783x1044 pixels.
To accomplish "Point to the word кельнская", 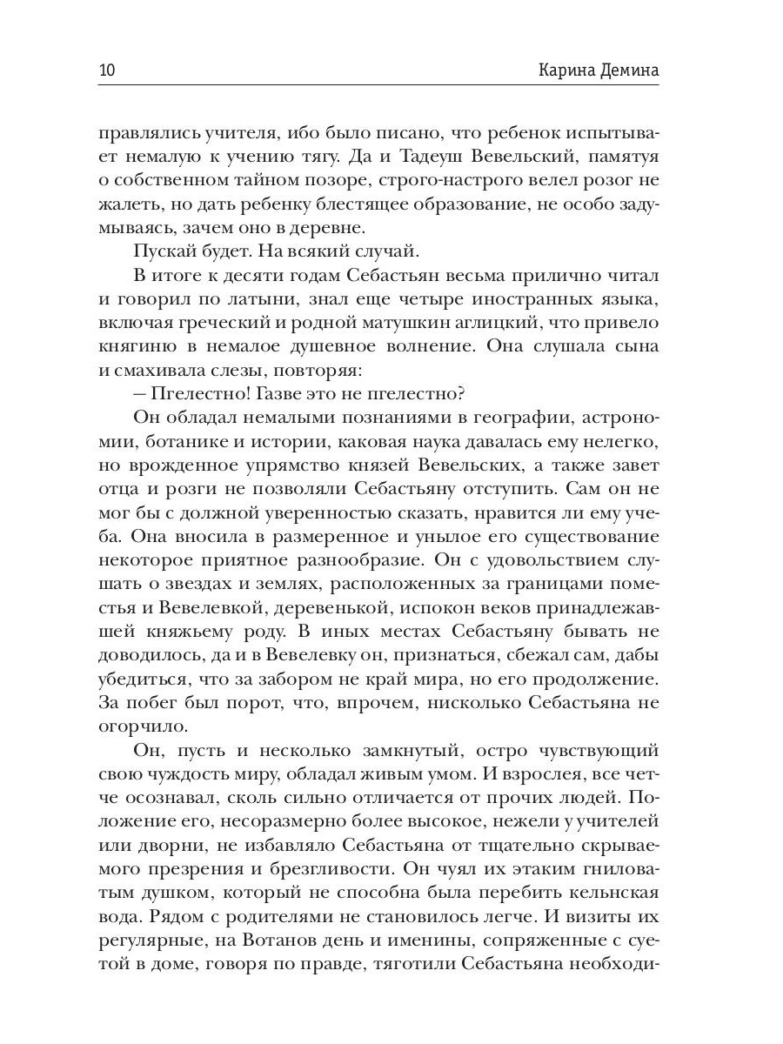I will (606, 891).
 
